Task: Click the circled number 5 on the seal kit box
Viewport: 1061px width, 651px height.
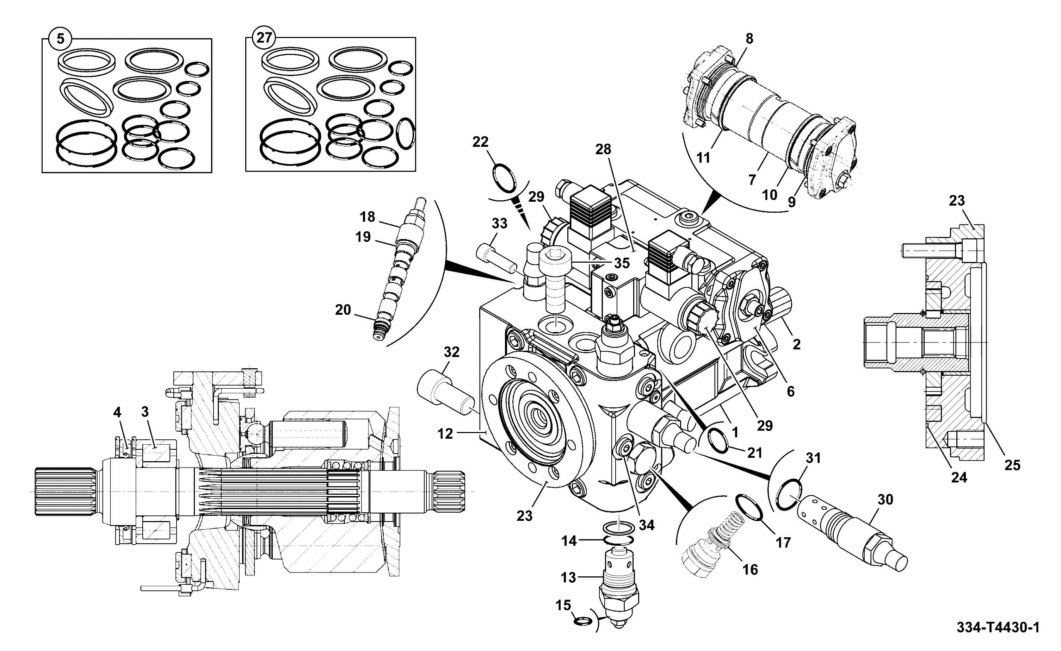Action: (x=61, y=39)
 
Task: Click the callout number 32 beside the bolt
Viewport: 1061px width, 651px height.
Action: (x=452, y=352)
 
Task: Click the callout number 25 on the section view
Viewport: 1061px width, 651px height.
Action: (x=1012, y=465)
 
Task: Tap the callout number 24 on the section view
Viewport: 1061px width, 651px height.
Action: (x=959, y=477)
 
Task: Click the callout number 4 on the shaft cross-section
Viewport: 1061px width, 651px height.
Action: (x=117, y=413)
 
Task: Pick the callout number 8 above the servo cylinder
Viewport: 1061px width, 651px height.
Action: (x=750, y=39)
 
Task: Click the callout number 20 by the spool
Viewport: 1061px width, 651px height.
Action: (x=343, y=309)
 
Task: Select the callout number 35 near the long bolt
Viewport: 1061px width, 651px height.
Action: (x=622, y=263)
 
